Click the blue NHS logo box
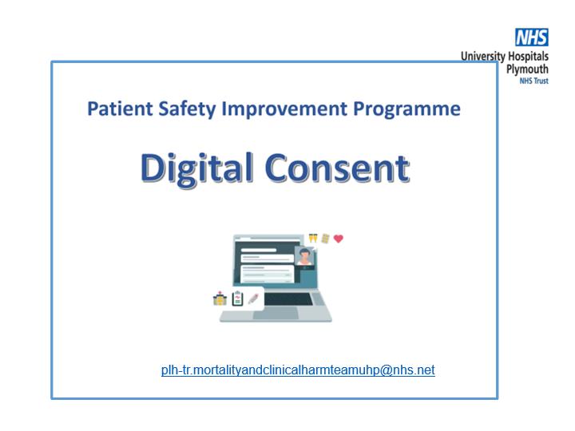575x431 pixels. coord(532,37)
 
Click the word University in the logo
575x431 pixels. coord(483,57)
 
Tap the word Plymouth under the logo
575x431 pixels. coord(527,69)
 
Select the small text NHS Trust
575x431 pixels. coord(534,81)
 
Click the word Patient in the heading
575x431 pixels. coord(120,109)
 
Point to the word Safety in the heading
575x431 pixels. coord(187,109)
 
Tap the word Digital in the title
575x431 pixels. coord(197,168)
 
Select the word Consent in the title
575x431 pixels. coord(337,168)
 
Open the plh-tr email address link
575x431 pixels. coord(298,370)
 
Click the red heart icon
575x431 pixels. coord(339,239)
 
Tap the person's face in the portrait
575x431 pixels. coord(305,255)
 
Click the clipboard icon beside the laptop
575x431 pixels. coord(238,299)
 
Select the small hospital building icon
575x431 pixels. coord(220,299)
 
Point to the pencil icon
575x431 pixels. coord(253,299)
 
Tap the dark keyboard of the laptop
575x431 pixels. coord(288,299)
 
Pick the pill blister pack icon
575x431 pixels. coord(325,239)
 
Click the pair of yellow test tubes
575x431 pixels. coord(313,238)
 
